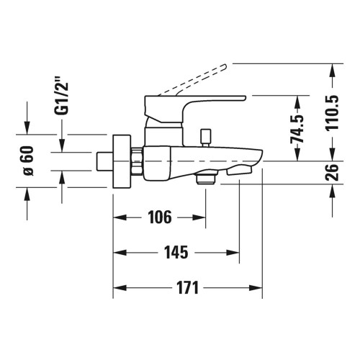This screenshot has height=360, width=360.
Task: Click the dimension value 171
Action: pyautogui.click(x=186, y=288)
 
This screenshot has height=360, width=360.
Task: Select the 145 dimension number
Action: pyautogui.click(x=176, y=252)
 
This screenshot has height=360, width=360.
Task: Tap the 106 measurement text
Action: pyautogui.click(x=159, y=217)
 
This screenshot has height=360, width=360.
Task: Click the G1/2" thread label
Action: pyautogui.click(x=63, y=97)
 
